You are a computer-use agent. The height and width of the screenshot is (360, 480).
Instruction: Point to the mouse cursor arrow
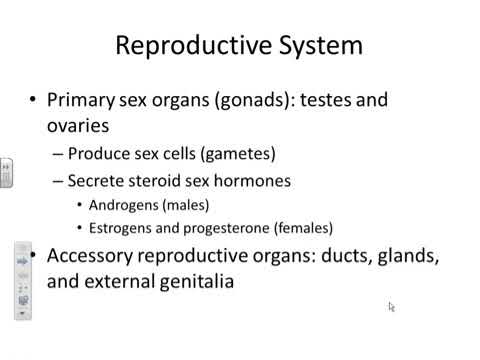[x=392, y=307]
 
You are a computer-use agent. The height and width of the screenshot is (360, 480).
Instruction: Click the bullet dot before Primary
[x=33, y=101]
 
